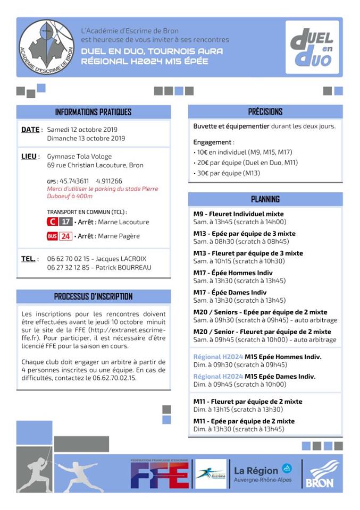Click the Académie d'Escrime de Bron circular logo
click(47, 46)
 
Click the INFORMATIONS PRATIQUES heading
click(93, 112)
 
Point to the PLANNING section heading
click(265, 199)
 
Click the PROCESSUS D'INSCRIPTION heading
click(93, 296)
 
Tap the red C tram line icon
click(52, 222)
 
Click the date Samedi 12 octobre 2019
click(82, 129)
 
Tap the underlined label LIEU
click(29, 157)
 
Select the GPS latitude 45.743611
click(74, 181)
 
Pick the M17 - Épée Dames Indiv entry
click(230, 292)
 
